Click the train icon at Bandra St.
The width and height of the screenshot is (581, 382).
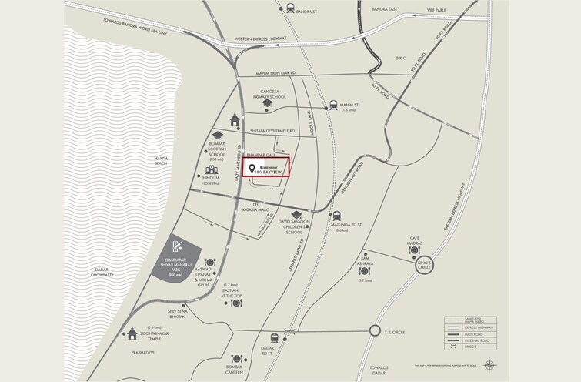click(289, 8)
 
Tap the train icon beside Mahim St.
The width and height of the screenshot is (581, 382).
click(333, 106)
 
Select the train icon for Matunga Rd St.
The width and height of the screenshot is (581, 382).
click(337, 216)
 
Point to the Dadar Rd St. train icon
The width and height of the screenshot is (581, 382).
click(274, 338)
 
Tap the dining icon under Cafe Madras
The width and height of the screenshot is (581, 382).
click(415, 250)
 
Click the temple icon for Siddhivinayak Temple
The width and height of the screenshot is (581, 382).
click(133, 333)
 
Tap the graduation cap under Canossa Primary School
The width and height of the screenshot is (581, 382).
click(267, 103)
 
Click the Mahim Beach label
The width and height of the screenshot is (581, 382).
click(161, 161)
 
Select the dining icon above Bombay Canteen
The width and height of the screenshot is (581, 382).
click(237, 358)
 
